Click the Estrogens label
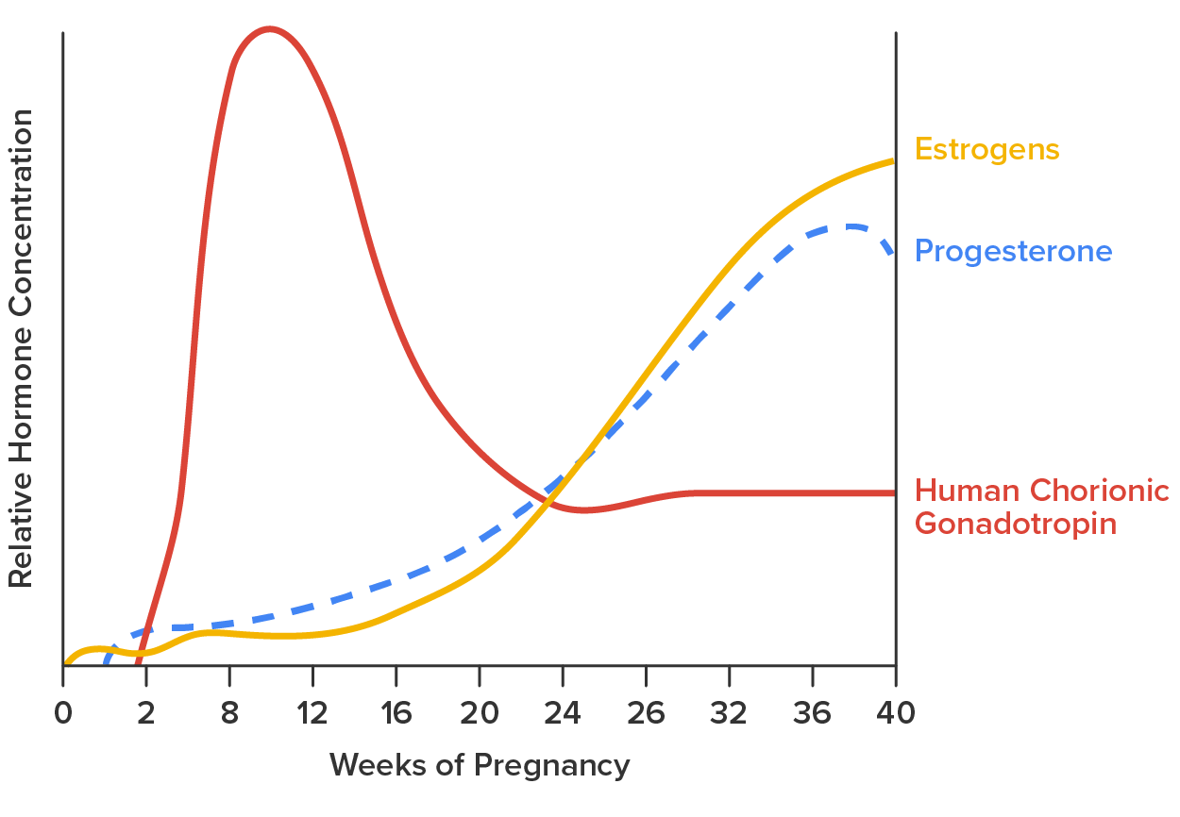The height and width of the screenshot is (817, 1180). click(x=986, y=150)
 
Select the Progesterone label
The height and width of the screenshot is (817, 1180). click(x=1013, y=252)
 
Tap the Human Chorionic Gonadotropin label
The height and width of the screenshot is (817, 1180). click(x=1041, y=507)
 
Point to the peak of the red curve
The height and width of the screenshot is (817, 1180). click(x=270, y=29)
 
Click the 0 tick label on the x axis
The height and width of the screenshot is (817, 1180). click(x=63, y=713)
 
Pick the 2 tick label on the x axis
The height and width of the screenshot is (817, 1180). click(x=146, y=713)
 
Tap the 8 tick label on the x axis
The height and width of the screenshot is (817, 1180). click(x=229, y=713)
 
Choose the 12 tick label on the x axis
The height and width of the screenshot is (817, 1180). click(x=312, y=713)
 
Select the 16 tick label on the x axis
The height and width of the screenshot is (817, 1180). click(x=396, y=713)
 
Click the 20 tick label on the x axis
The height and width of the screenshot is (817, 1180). click(x=479, y=713)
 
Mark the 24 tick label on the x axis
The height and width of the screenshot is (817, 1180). click(x=563, y=713)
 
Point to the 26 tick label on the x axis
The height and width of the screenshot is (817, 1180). click(x=646, y=713)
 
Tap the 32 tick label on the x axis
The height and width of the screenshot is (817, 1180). click(x=729, y=713)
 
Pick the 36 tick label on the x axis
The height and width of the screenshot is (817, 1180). click(x=812, y=713)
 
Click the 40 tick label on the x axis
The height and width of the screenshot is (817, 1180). click(x=895, y=713)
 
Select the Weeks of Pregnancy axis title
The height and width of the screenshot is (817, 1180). click(x=479, y=765)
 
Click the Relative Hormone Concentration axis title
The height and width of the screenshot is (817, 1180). click(x=21, y=349)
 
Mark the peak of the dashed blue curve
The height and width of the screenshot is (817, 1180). click(x=852, y=226)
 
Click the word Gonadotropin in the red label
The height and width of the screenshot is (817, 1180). click(x=1016, y=524)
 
